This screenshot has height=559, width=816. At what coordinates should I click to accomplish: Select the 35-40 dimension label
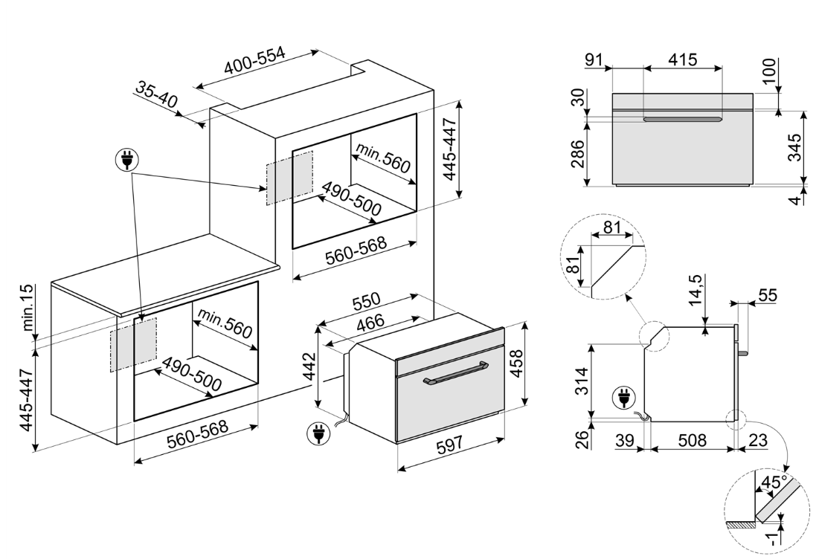coord(157,97)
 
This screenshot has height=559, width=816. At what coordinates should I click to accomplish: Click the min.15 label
coord(29,308)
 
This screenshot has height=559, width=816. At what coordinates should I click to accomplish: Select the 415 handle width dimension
coord(682,59)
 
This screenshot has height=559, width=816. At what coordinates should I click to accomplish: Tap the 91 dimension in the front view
coord(594,59)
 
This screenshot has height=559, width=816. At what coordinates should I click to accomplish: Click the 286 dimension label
coord(578,153)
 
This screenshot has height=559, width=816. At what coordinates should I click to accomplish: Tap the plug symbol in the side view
coord(620,398)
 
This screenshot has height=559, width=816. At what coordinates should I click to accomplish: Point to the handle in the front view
coord(683,120)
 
